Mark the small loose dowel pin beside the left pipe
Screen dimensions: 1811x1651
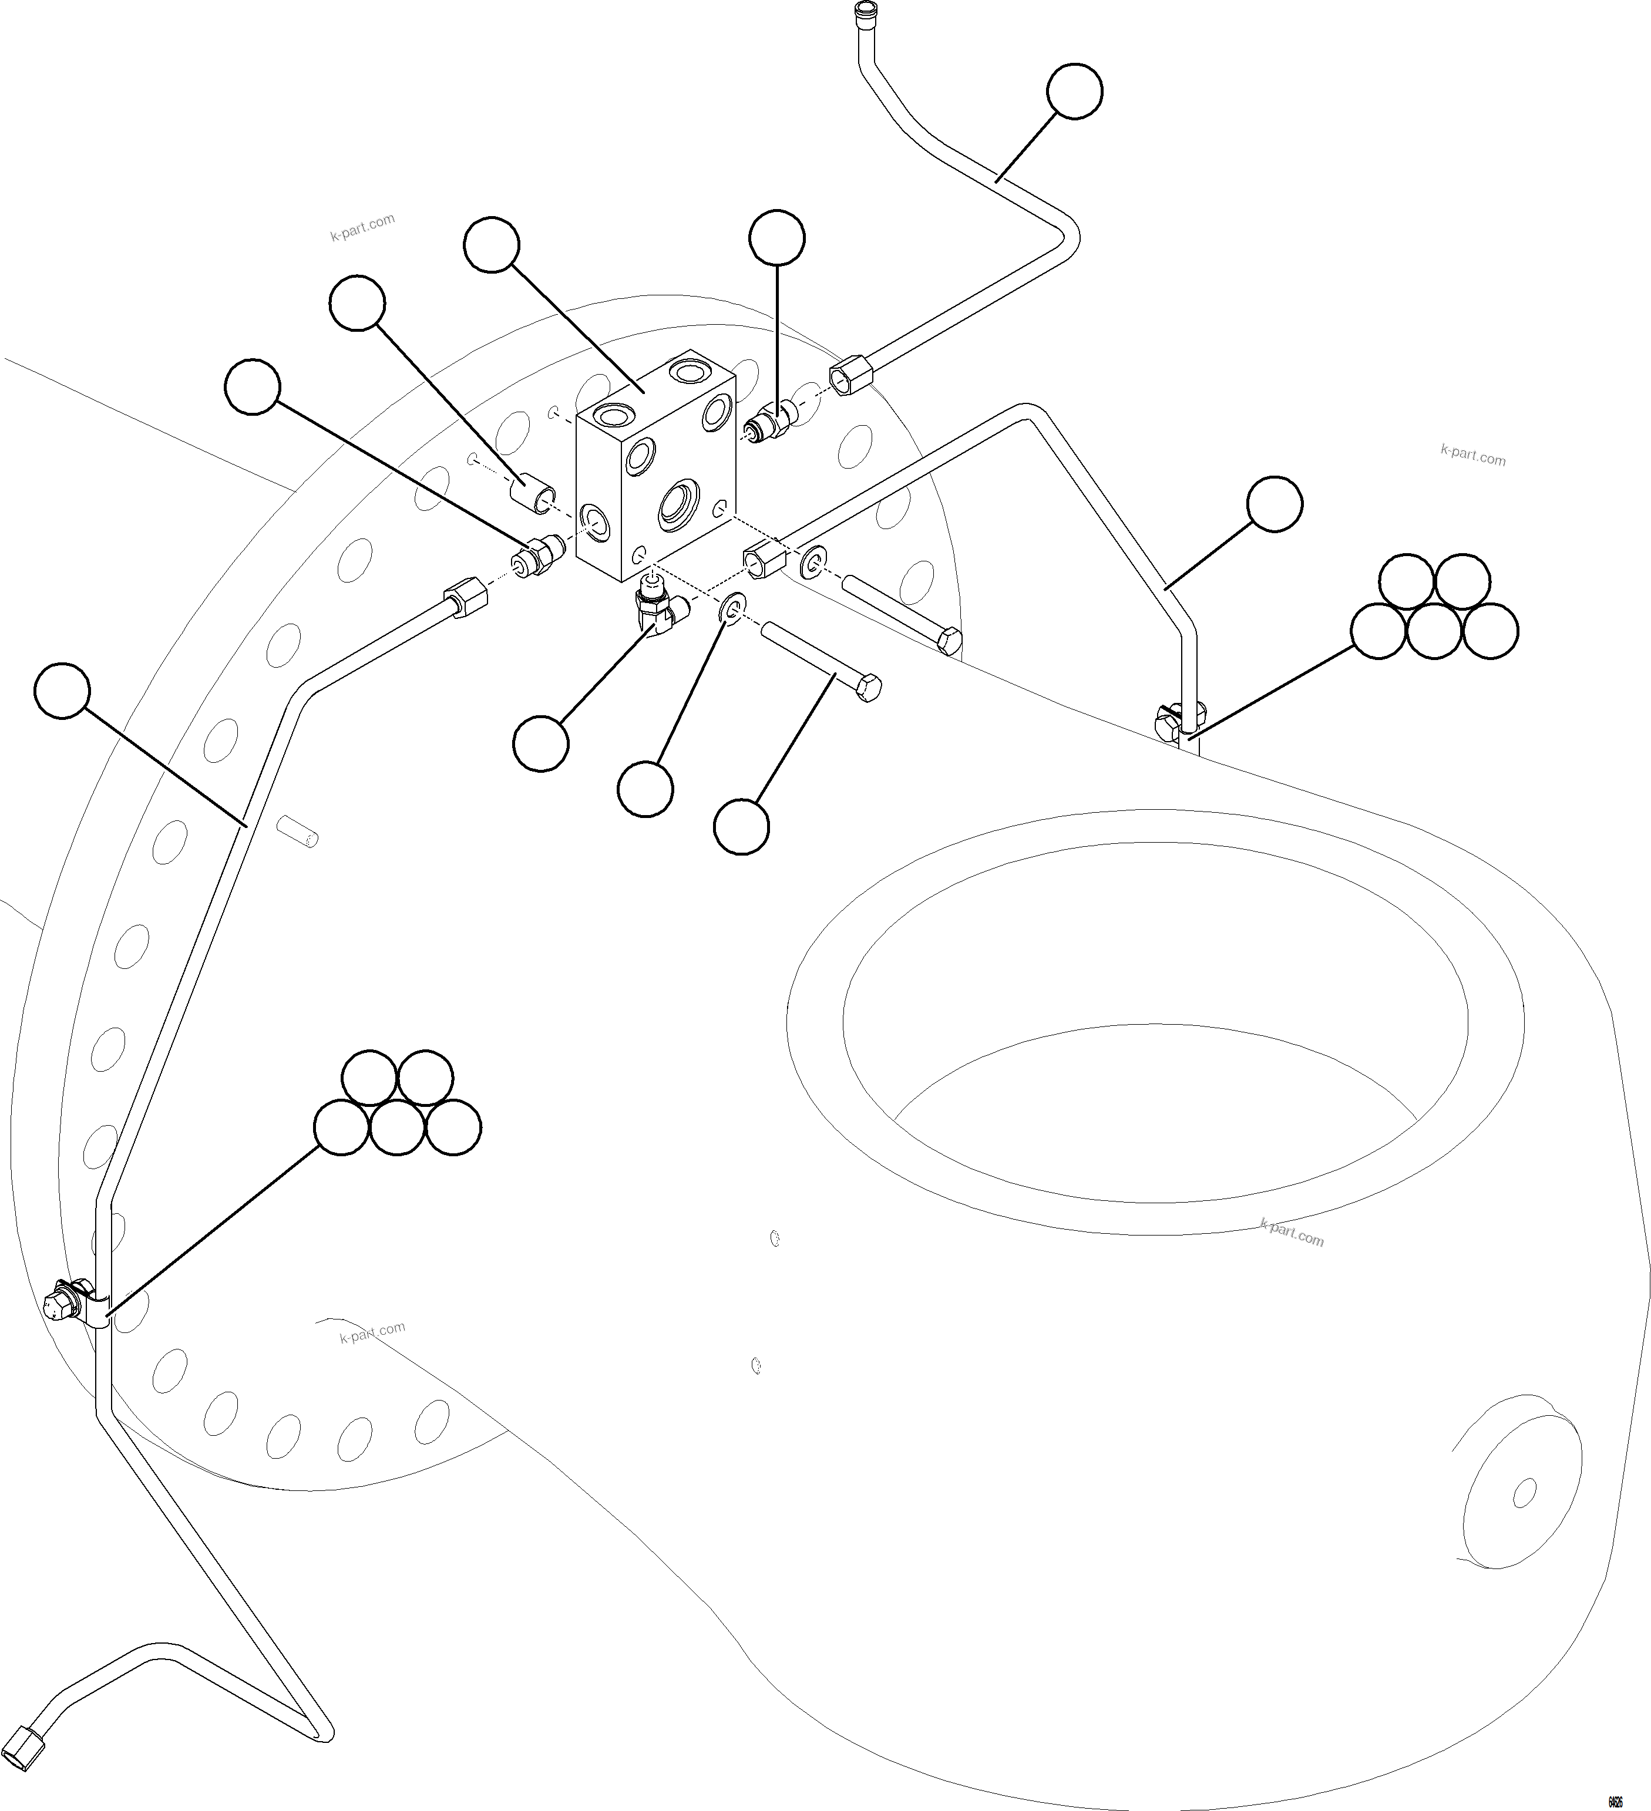(x=298, y=830)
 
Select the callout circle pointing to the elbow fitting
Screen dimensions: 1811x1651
(x=541, y=743)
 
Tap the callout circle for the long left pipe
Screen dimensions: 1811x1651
(x=62, y=690)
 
